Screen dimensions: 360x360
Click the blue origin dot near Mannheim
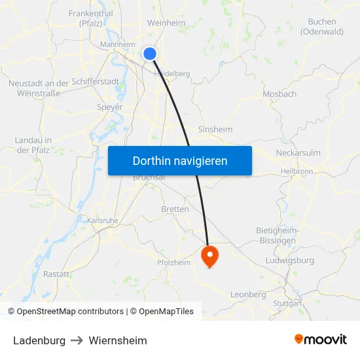(x=150, y=54)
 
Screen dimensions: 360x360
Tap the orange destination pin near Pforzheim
(x=209, y=255)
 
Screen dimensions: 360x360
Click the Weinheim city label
(x=166, y=23)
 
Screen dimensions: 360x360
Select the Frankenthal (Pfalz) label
(x=90, y=18)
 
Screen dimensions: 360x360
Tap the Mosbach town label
(x=279, y=94)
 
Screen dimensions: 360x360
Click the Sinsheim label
(x=215, y=130)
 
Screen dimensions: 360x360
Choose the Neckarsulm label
(x=298, y=153)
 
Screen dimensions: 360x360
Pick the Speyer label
(x=109, y=107)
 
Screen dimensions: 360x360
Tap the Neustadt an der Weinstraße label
(x=39, y=88)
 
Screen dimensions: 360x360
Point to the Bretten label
(x=175, y=209)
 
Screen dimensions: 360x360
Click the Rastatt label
(x=56, y=274)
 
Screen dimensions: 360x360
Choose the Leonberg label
(x=248, y=295)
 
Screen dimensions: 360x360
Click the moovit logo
(x=320, y=340)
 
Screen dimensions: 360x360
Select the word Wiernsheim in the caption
(x=118, y=340)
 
